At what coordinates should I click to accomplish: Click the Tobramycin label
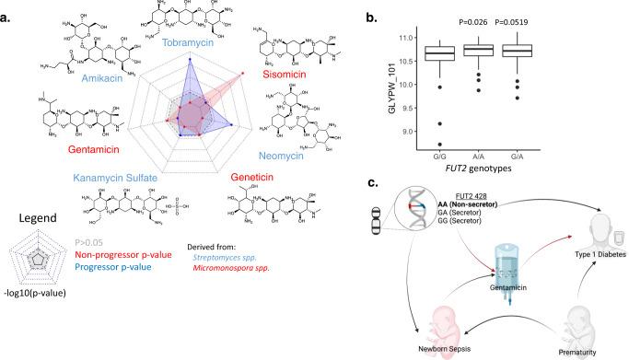189,42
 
